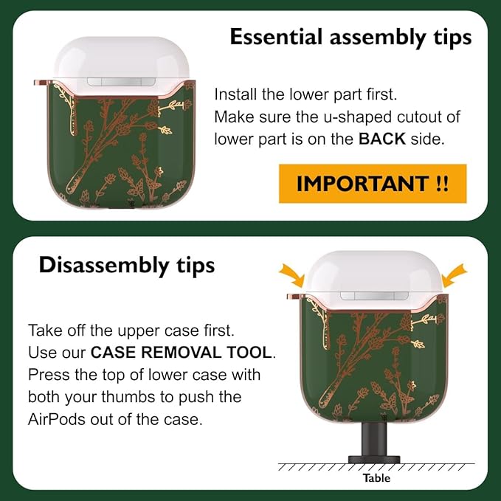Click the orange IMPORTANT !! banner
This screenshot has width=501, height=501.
pyautogui.click(x=373, y=184)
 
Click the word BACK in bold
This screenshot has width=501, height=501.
pyautogui.click(x=381, y=139)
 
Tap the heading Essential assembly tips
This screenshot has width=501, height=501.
pyautogui.click(x=350, y=38)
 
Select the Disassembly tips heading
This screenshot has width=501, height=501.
pyautogui.click(x=126, y=266)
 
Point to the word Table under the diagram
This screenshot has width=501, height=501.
pyautogui.click(x=376, y=478)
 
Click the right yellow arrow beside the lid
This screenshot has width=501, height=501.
pyautogui.click(x=455, y=275)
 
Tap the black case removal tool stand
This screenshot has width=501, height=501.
pyautogui.click(x=374, y=443)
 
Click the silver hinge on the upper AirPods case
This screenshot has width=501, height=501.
pyautogui.click(x=121, y=82)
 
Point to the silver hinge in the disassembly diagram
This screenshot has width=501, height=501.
pyautogui.click(x=374, y=296)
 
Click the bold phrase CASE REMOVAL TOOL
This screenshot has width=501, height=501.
pyautogui.click(x=182, y=353)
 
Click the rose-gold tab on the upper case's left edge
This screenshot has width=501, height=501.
pyautogui.click(x=41, y=83)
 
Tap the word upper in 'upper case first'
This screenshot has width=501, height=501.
pyautogui.click(x=138, y=332)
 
